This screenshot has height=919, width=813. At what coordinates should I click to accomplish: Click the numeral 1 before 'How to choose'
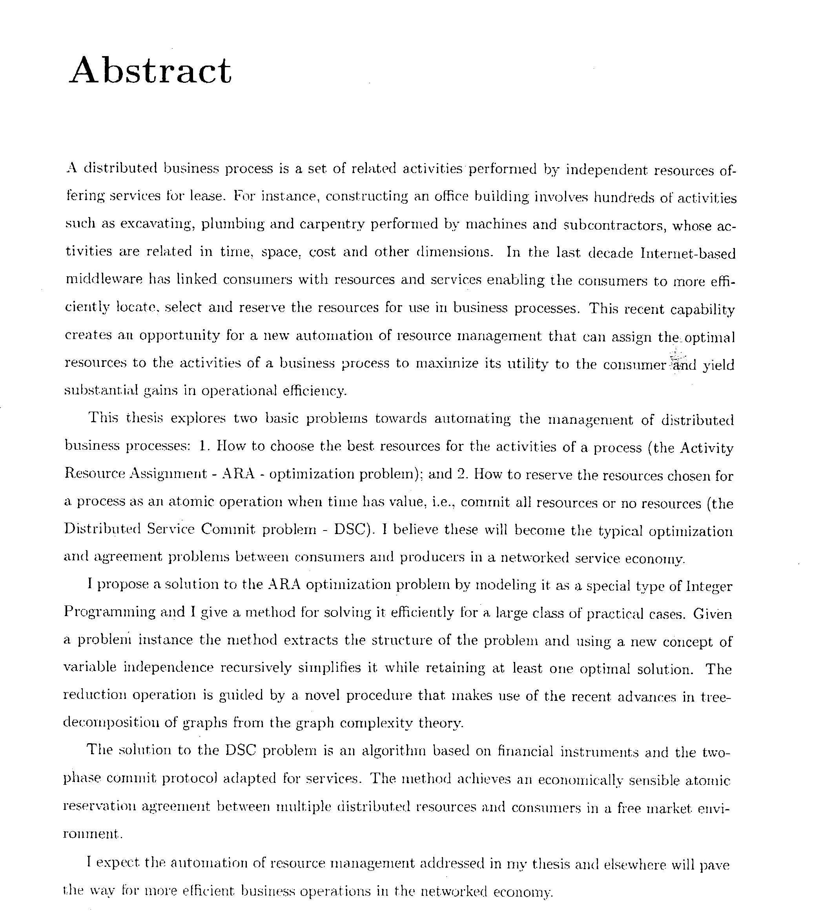point(203,446)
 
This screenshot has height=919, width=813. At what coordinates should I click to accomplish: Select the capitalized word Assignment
point(169,474)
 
